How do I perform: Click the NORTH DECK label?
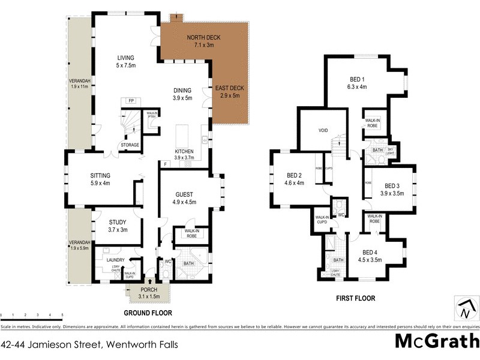click(203, 37)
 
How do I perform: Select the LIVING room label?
click(125, 58)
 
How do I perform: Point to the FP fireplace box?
click(131, 101)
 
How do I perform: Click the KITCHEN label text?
click(183, 151)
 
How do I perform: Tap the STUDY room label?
click(117, 222)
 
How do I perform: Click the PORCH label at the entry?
click(148, 289)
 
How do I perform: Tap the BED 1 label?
click(358, 79)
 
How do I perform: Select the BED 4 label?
click(370, 252)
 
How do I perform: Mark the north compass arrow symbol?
click(464, 311)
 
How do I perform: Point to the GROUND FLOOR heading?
click(148, 313)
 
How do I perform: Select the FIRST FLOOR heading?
click(355, 298)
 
